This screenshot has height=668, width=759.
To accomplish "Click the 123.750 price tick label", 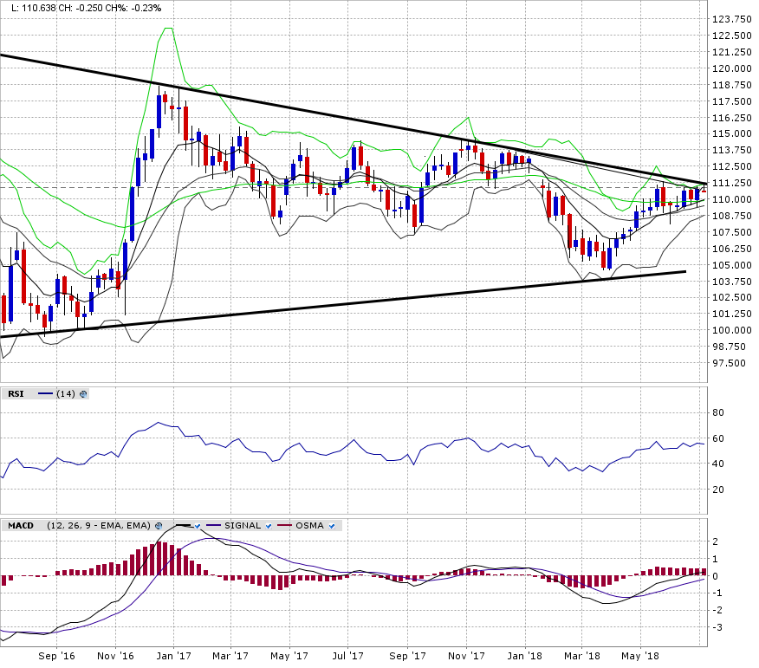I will [730, 20].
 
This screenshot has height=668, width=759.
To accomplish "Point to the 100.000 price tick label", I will [730, 330].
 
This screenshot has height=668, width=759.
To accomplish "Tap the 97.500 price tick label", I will [731, 363].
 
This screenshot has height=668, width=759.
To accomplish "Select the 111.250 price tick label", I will [730, 183].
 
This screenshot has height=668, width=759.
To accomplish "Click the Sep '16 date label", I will [57, 657].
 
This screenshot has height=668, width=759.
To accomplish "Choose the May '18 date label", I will [639, 657].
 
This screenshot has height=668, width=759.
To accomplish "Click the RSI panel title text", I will [16, 394].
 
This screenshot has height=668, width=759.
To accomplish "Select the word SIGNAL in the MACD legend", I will [243, 526].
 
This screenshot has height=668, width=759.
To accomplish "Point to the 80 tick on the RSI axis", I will [718, 412].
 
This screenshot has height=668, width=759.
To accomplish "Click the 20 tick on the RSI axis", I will [718, 490].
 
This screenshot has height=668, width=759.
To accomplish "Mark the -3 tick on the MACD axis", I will [717, 626].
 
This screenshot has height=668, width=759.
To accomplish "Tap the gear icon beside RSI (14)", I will [83, 394].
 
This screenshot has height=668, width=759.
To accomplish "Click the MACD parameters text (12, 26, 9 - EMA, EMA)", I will [100, 526].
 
